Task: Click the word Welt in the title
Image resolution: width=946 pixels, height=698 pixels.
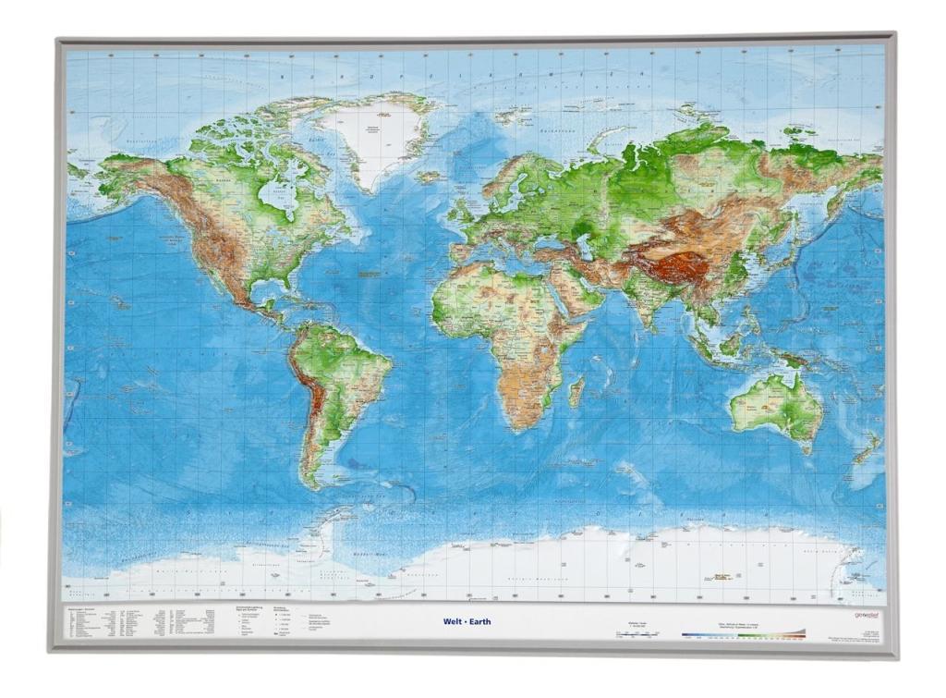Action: click(x=453, y=621)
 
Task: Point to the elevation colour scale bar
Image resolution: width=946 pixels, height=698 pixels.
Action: click(x=743, y=634)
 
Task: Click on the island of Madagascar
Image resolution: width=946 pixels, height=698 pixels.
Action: click(x=576, y=390)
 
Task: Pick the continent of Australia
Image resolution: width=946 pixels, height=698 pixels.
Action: click(x=774, y=407)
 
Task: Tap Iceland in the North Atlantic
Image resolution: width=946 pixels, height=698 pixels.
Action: click(x=429, y=176)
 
